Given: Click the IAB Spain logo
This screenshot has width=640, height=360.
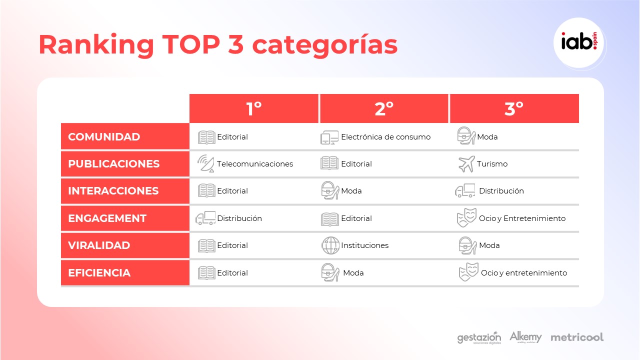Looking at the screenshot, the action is (579, 43).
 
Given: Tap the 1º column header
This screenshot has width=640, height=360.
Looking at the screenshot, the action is (253, 108).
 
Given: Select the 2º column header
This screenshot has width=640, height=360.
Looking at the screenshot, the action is (384, 108).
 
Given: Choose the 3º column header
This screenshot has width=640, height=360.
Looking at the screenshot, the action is (514, 108).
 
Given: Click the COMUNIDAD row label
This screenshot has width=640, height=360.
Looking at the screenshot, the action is (104, 137).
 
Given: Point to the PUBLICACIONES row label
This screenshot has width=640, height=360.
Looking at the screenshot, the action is (113, 163).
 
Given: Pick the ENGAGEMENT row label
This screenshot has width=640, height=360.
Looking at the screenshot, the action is (107, 218).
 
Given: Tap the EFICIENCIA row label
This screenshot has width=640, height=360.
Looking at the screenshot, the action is (99, 273).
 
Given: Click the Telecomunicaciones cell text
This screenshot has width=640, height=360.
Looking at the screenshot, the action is (255, 163).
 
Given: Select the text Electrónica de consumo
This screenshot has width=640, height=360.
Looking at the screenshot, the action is (385, 137).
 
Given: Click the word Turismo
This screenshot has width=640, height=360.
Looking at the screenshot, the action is (492, 163).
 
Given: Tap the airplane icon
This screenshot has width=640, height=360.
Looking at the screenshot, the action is (466, 164).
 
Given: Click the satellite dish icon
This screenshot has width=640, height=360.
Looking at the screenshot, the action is (205, 163).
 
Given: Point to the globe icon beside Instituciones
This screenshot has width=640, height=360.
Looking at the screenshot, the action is (330, 245).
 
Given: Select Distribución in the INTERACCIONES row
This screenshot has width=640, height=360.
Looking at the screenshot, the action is (501, 191).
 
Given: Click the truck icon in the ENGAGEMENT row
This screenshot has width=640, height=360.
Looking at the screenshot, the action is (205, 218).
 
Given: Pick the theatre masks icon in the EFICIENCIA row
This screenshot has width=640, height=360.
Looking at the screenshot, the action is (468, 272).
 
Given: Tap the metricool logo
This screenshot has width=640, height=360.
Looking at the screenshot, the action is (577, 337).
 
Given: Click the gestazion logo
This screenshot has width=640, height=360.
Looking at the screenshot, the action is (479, 338).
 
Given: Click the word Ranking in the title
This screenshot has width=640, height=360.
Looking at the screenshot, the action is (96, 44).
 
